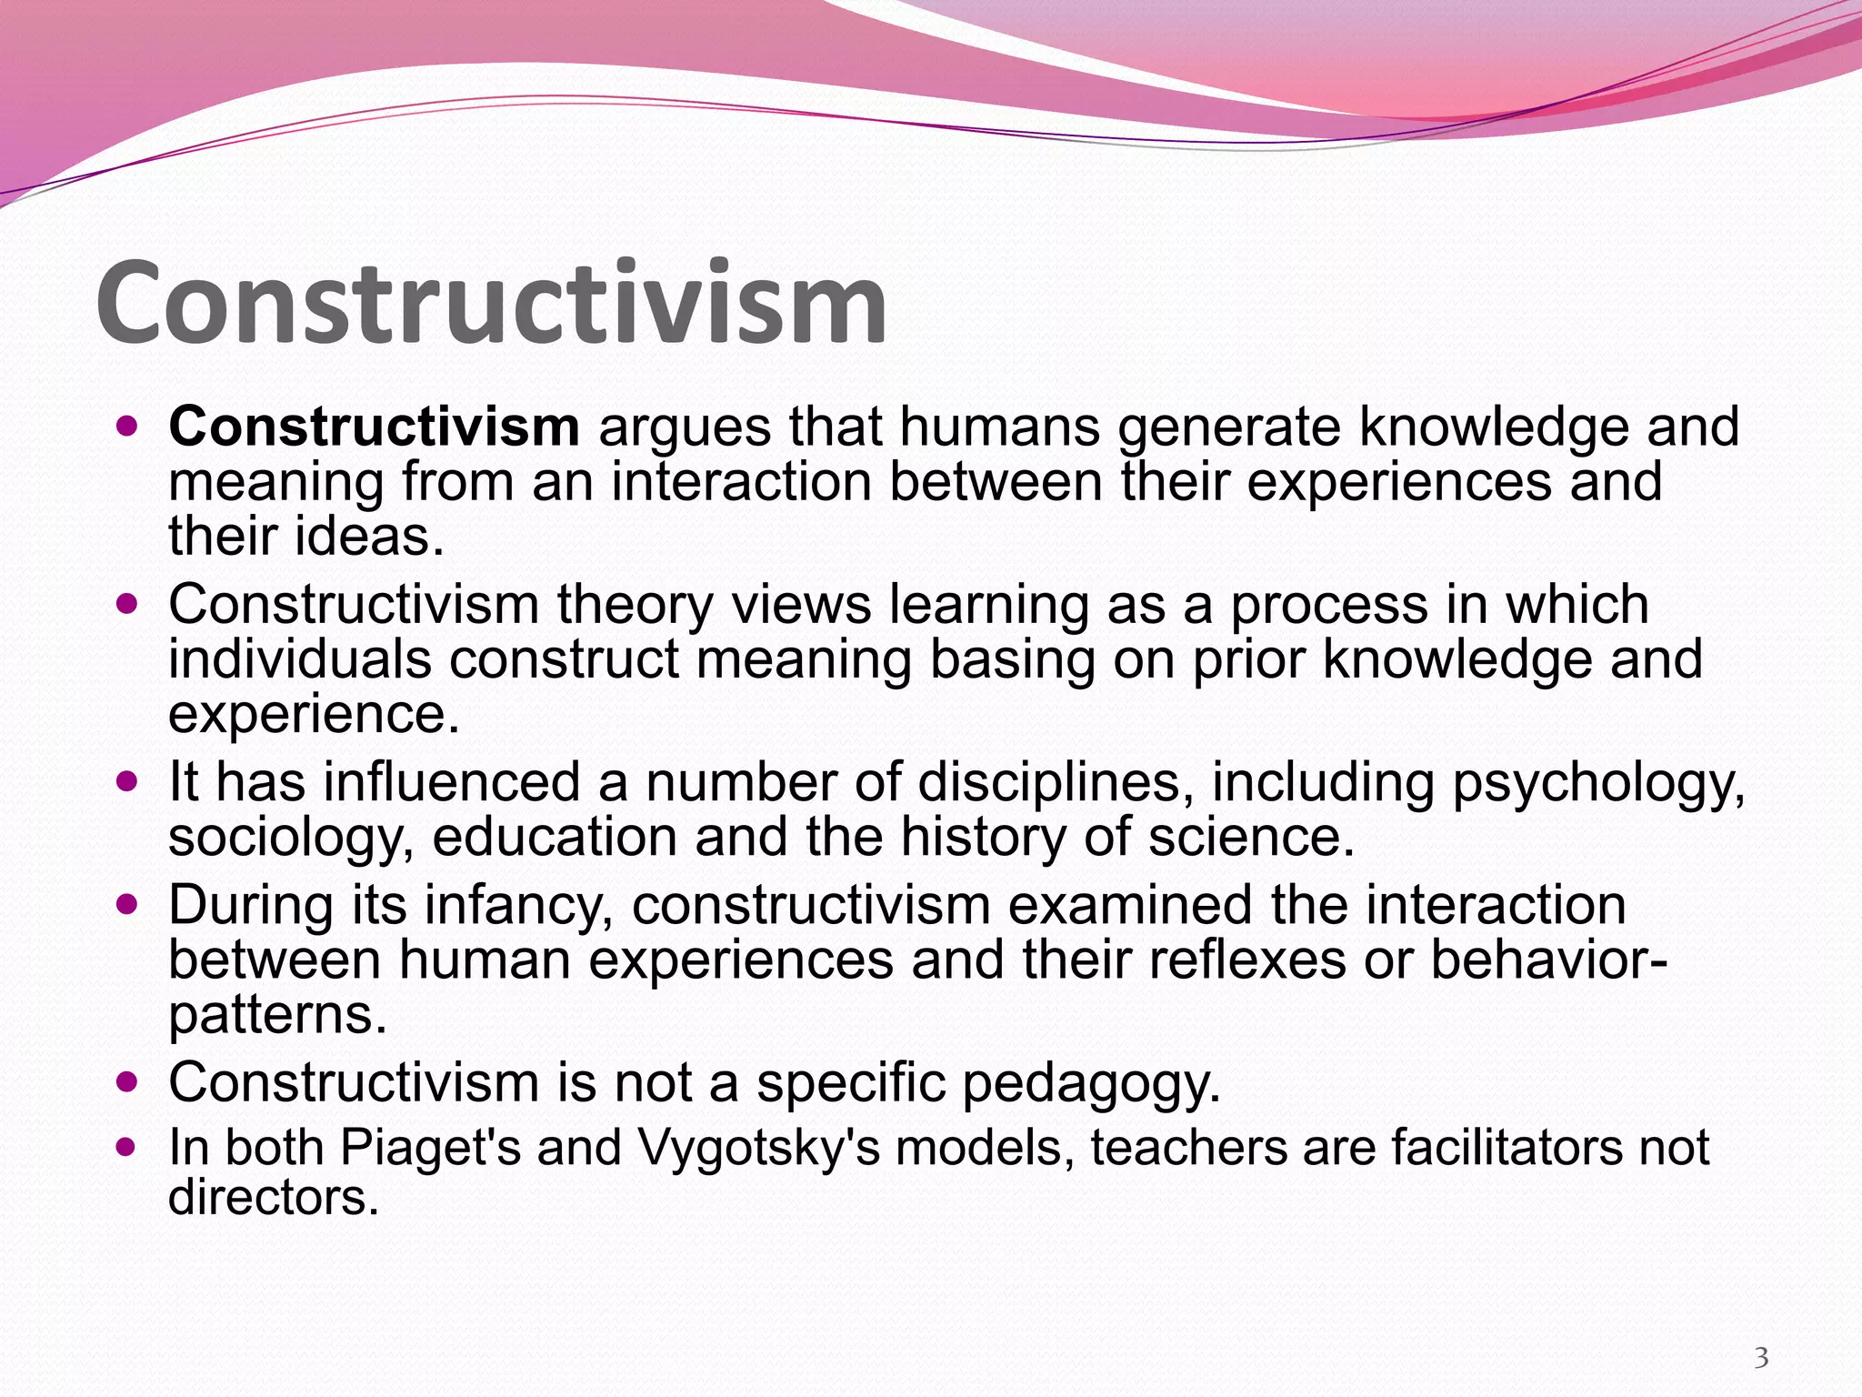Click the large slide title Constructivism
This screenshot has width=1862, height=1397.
click(491, 302)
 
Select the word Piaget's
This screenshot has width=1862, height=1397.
click(430, 1148)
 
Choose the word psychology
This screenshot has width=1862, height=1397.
click(1597, 783)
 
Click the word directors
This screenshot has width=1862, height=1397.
click(273, 1198)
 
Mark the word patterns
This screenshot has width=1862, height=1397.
click(277, 1014)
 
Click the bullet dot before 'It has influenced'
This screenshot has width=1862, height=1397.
click(127, 781)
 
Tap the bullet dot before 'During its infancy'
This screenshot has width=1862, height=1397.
click(127, 904)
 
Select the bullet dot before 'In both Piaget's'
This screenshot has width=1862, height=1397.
click(127, 1146)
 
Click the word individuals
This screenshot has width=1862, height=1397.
click(300, 659)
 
